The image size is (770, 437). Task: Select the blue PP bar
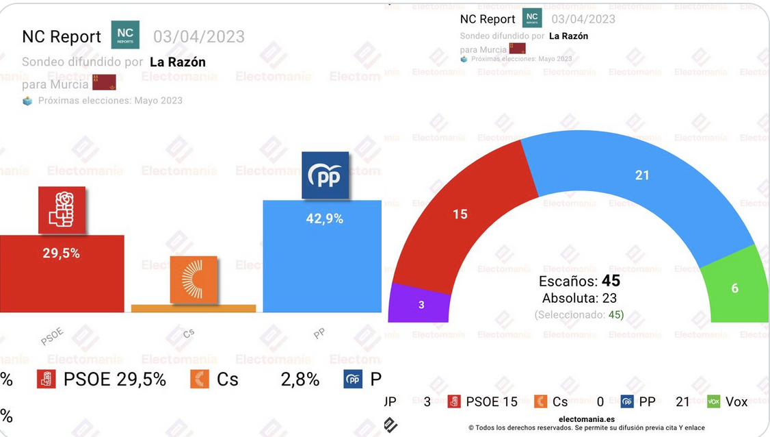(322, 267)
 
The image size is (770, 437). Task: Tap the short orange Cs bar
(193, 308)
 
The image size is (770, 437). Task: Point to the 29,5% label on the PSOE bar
(62, 253)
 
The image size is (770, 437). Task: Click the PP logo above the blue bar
(325, 175)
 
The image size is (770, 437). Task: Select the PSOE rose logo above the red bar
(62, 210)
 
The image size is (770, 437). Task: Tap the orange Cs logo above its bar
(194, 279)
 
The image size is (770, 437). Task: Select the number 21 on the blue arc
(641, 175)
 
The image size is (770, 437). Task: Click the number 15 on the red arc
(460, 214)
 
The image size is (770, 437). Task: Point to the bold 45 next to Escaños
(611, 281)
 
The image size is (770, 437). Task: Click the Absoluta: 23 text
(579, 298)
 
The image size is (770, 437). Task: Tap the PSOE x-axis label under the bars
(52, 336)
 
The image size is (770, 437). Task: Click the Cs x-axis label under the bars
(189, 334)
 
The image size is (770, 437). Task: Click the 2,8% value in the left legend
(300, 379)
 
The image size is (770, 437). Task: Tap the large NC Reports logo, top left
(125, 35)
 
